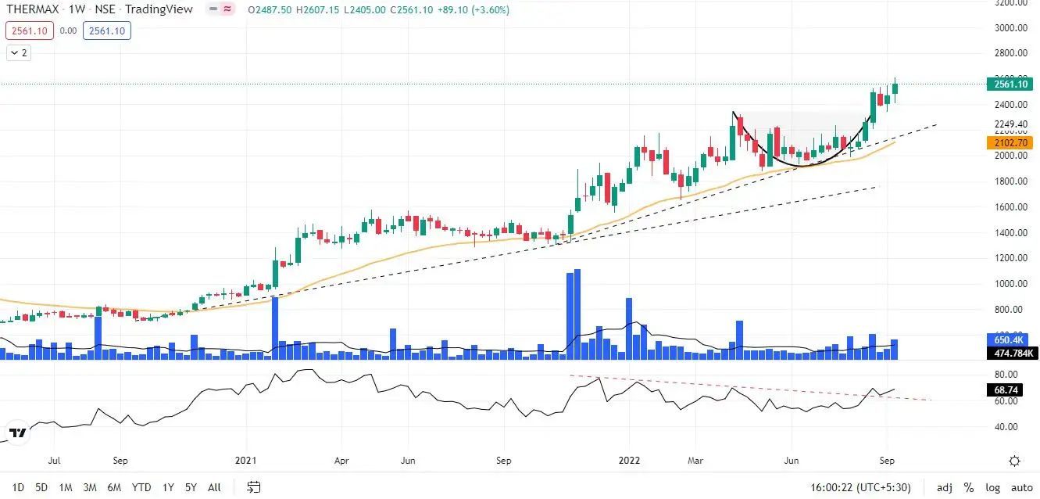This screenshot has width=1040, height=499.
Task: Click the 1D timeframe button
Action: point(18,487)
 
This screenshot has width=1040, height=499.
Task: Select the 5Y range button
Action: point(191,487)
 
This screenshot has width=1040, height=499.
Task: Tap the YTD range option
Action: point(141,487)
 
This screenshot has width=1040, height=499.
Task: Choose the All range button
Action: point(214,487)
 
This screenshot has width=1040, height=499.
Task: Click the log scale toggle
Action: point(992,487)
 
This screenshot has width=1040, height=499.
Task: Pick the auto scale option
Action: point(1021,487)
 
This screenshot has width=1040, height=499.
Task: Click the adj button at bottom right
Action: point(944,487)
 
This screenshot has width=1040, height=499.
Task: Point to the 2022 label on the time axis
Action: point(629,461)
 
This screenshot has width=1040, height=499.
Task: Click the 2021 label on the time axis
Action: point(246,461)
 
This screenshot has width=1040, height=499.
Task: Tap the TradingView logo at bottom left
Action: point(17,433)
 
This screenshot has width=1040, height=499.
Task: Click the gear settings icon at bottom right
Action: point(1014,461)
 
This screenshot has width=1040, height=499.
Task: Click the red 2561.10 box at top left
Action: point(29,31)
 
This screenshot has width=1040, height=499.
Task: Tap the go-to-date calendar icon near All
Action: point(254,487)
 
